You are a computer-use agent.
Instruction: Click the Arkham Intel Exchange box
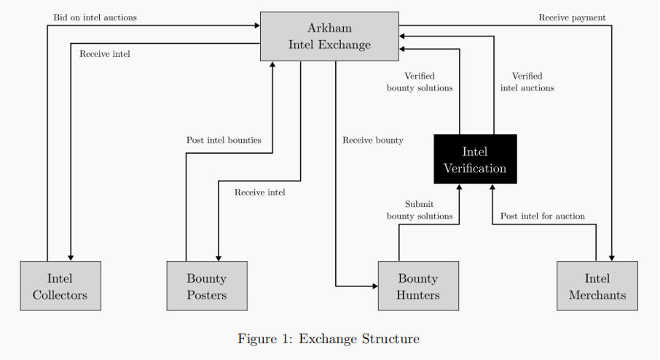[x=329, y=36]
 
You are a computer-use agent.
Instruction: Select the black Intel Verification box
[x=475, y=159]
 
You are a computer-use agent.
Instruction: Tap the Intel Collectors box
[x=60, y=286]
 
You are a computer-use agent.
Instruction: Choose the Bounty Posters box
[x=207, y=286]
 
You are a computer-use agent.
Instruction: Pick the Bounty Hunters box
[x=418, y=286]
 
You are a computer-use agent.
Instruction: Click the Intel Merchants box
[x=597, y=286]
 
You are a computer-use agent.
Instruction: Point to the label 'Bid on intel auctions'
[x=95, y=17]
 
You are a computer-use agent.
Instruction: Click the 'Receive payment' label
[x=572, y=17]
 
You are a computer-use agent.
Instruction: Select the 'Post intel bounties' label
[x=224, y=140]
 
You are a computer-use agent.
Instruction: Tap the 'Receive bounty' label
[x=372, y=140]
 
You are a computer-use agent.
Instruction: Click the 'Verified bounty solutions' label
[x=420, y=82]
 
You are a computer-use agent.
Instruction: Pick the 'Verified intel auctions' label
[x=527, y=82]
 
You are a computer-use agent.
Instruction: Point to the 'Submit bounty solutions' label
[x=420, y=210]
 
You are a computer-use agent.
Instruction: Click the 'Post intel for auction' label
[x=543, y=216]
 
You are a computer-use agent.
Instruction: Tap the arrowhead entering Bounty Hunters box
[x=375, y=286]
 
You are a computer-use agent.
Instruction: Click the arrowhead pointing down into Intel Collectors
[x=71, y=258]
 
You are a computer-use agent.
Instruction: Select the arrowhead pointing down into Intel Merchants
[x=612, y=258]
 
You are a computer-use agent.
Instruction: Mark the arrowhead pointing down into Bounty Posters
[x=219, y=258]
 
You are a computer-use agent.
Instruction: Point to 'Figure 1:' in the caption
[x=265, y=339]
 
